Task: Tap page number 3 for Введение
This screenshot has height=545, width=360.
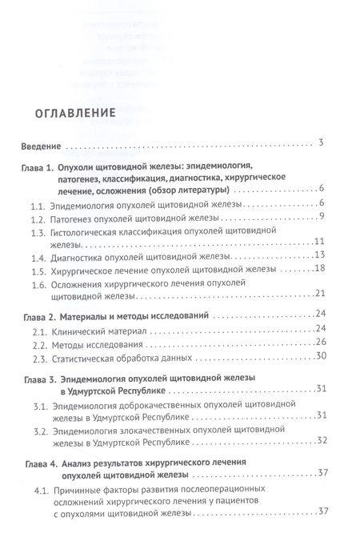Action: click(x=318, y=143)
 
